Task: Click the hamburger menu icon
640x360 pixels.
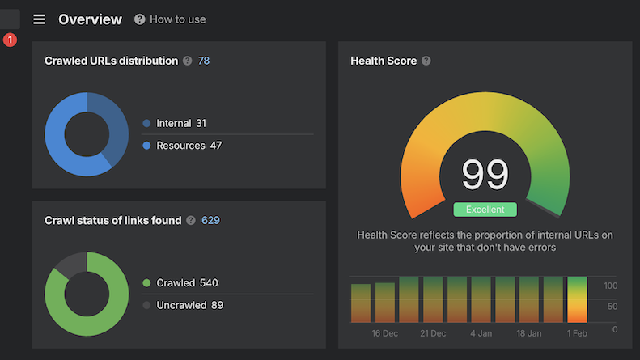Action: click(x=39, y=19)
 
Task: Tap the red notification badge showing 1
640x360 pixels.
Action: click(x=10, y=40)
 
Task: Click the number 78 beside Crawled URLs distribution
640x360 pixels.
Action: click(x=204, y=61)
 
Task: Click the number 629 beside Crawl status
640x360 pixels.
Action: click(x=210, y=220)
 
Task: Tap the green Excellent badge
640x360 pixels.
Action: click(x=485, y=210)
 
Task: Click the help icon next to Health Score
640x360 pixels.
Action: click(x=426, y=61)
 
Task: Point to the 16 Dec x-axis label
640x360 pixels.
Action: click(x=385, y=333)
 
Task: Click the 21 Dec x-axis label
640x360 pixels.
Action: click(x=433, y=333)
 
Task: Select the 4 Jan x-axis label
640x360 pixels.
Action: click(x=481, y=333)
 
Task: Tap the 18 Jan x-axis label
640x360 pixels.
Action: click(x=529, y=333)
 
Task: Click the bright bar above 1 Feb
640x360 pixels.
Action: click(x=577, y=299)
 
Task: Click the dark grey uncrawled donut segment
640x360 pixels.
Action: click(x=70, y=265)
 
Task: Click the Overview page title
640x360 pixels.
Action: click(x=90, y=19)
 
